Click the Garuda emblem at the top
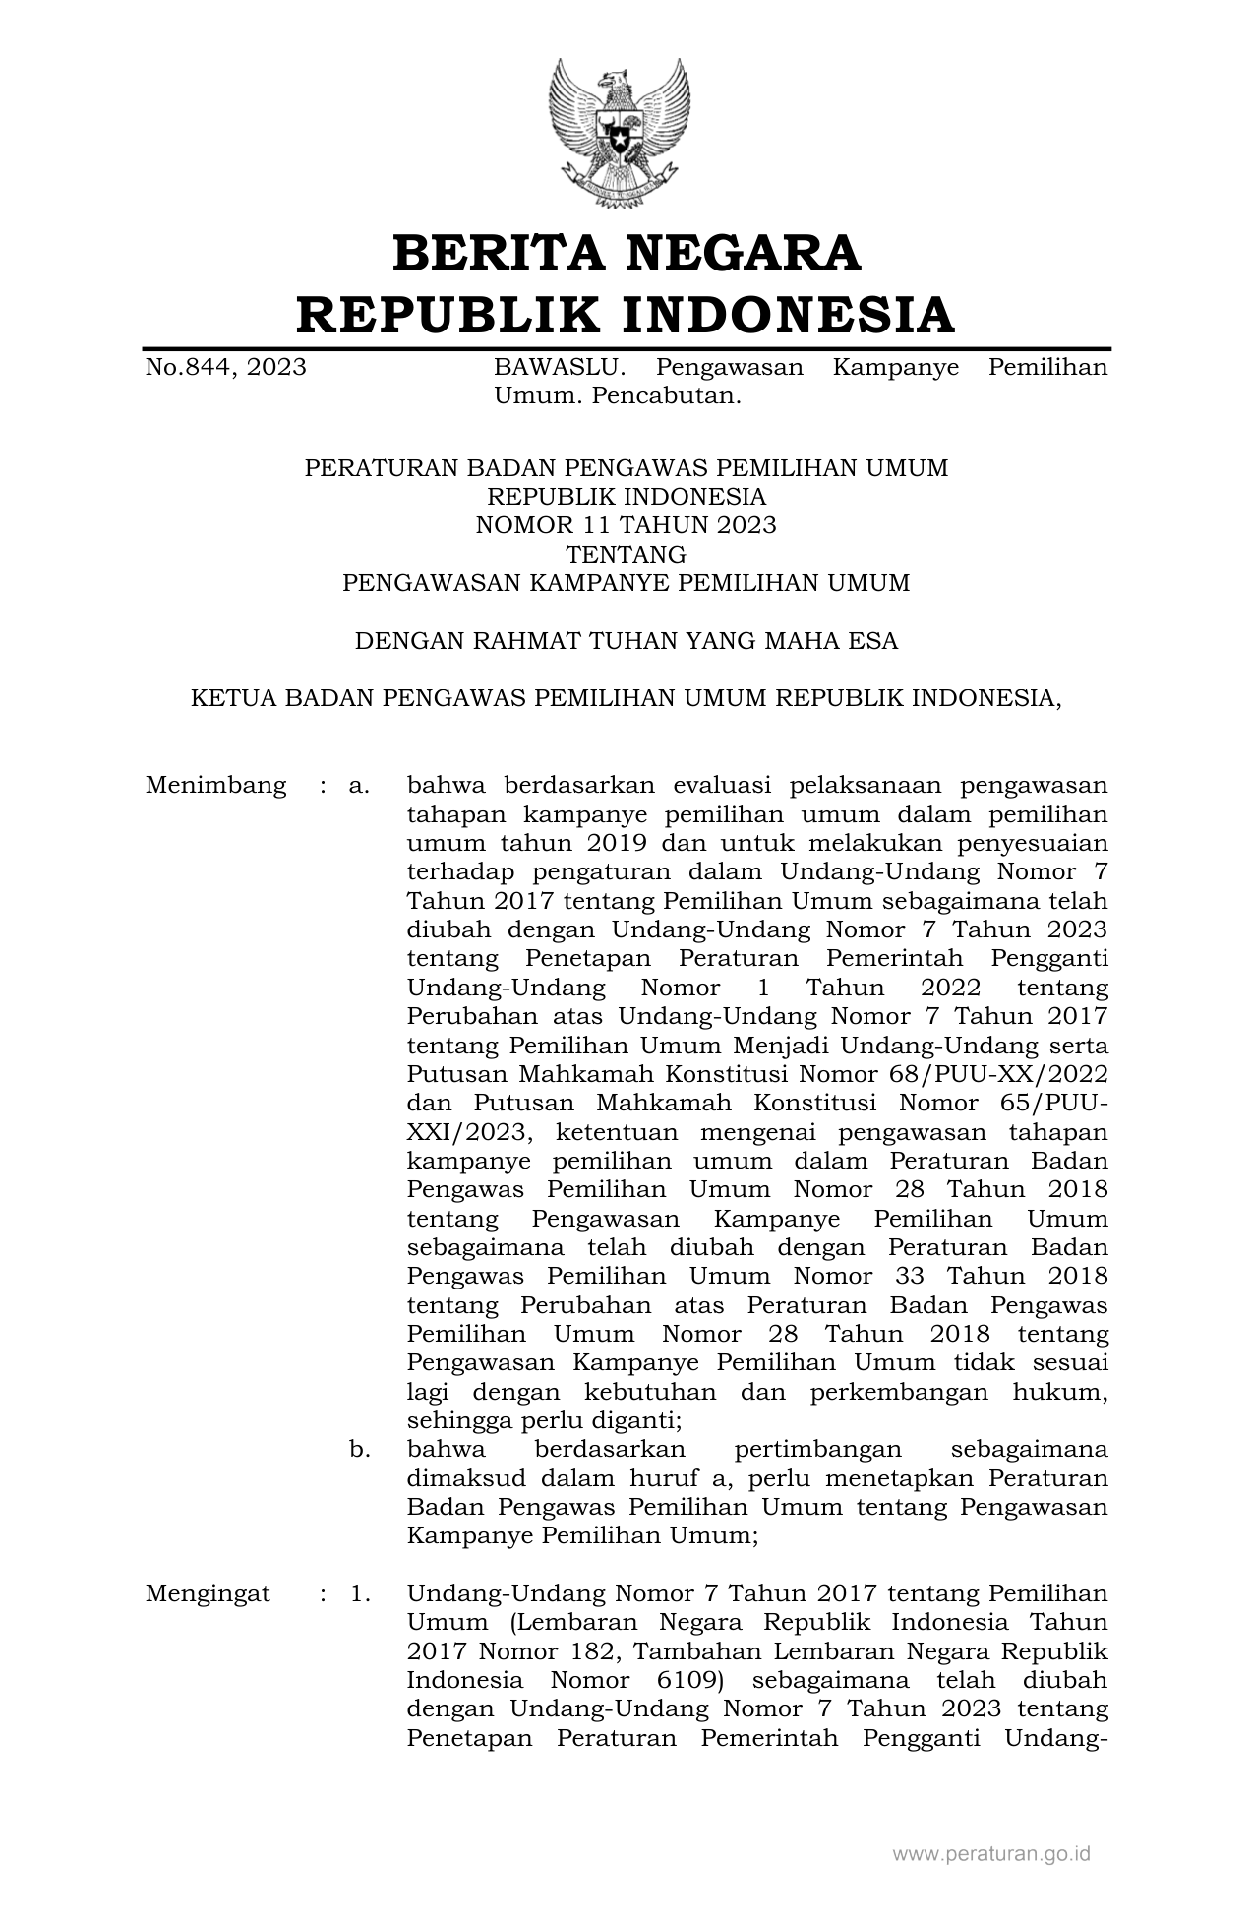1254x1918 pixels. [619, 133]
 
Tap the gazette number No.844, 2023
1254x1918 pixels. [225, 368]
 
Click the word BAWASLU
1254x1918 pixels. [559, 368]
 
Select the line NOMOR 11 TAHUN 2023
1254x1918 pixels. [626, 525]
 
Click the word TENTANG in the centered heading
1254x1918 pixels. [626, 554]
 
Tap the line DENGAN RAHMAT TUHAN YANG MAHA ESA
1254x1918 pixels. [626, 641]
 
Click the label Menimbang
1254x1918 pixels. [215, 786]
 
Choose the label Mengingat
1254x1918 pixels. [208, 1593]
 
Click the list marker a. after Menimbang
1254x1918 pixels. [359, 786]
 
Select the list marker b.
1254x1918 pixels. [359, 1450]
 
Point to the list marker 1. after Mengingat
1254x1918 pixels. [360, 1593]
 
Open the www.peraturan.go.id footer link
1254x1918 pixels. [990, 1854]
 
